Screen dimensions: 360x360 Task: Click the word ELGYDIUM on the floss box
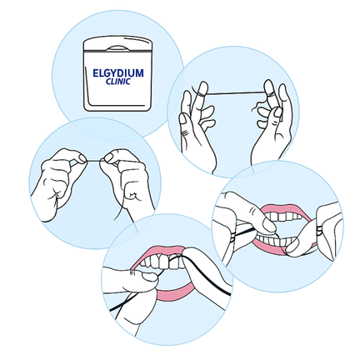pyautogui.click(x=117, y=73)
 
